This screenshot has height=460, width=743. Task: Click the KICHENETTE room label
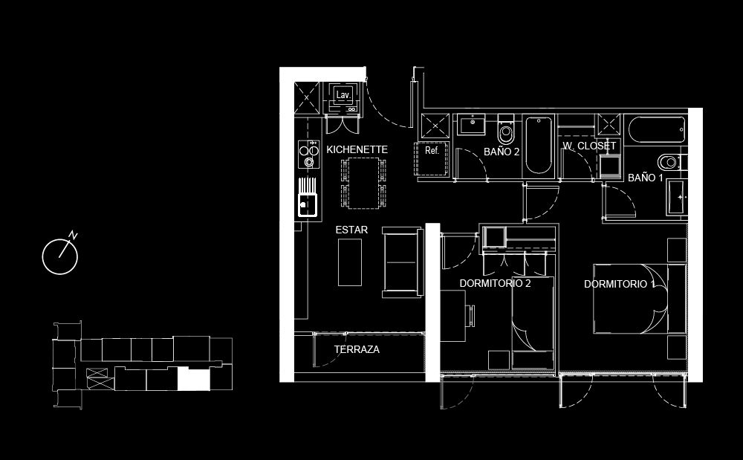357,149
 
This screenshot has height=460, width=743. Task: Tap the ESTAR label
351,230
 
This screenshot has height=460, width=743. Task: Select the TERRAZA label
357,349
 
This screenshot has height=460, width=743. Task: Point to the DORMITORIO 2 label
495,283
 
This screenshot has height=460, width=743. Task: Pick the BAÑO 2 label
502,152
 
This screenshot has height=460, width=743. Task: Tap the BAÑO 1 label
646,178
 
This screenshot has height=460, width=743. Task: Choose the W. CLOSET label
589,146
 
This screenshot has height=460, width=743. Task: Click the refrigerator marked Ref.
432,159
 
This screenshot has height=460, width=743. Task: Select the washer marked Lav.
343,98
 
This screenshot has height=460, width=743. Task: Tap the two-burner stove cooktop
308,155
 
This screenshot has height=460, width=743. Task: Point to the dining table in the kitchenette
363,184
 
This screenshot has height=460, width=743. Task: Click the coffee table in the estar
350,262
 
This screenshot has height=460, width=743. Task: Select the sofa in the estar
402,262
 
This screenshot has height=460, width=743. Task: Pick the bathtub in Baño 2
539,145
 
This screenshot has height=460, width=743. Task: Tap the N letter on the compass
73,235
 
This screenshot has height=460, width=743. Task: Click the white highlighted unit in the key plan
194,380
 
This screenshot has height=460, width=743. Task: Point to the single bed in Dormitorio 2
533,323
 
